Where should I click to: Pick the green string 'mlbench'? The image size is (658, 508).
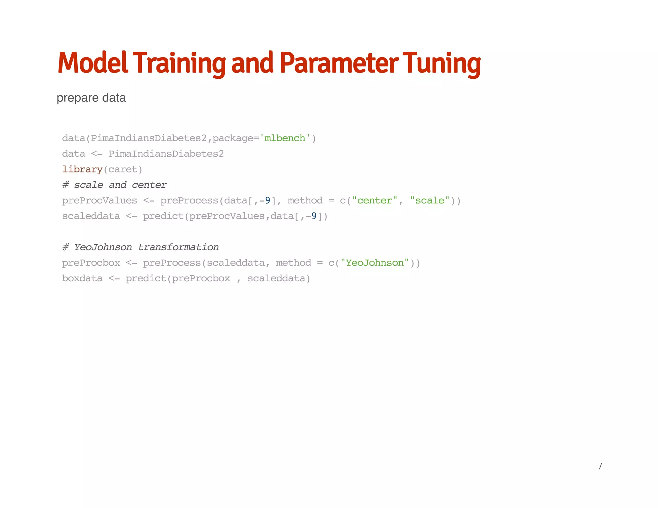[285, 138]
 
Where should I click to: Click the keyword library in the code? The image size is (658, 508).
[82, 169]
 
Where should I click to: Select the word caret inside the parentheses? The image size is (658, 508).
[123, 169]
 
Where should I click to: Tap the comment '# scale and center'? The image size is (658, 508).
[114, 185]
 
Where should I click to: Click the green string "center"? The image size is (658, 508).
[375, 200]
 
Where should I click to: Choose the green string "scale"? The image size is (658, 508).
[430, 200]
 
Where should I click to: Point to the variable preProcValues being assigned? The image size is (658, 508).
[100, 200]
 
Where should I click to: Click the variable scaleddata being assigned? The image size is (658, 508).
[91, 216]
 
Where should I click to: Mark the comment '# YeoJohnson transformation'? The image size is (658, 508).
[140, 247]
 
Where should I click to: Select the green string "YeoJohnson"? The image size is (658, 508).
[375, 263]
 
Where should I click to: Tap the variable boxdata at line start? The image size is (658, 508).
[82, 278]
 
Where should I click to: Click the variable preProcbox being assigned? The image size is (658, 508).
[91, 263]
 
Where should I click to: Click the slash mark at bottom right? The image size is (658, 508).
[600, 466]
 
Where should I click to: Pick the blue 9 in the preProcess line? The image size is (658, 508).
[267, 200]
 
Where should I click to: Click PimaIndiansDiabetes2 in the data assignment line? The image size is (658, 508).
[166, 154]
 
